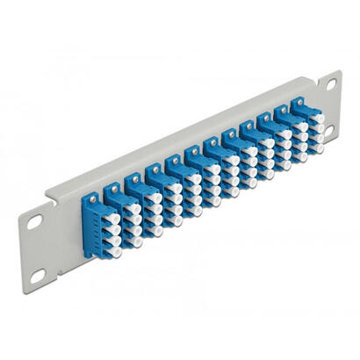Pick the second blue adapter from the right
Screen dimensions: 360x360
291,139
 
